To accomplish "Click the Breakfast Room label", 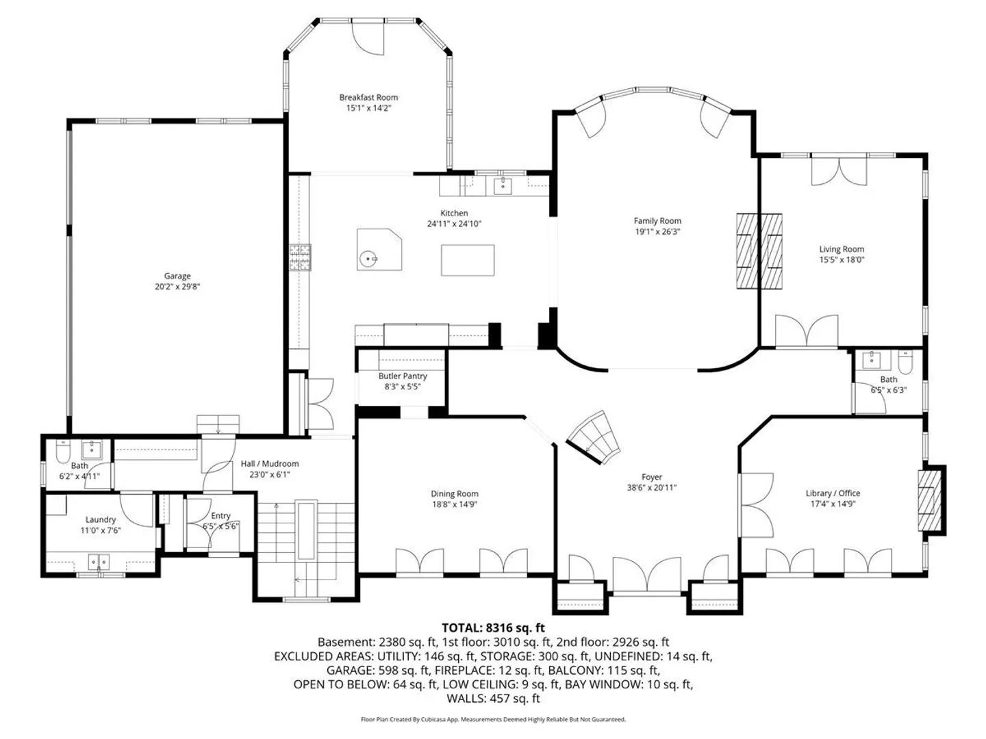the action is (x=368, y=97).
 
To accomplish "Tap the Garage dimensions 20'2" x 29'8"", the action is (x=177, y=287).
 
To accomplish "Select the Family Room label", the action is (x=657, y=221).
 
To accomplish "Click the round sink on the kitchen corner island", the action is (x=368, y=259).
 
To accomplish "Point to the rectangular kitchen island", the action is (x=468, y=260).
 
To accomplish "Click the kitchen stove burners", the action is (x=300, y=257).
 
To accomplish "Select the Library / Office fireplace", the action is (x=929, y=500).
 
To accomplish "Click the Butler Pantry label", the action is (x=403, y=376).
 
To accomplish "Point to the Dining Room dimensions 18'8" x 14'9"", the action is (x=454, y=504).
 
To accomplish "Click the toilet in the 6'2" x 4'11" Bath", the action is (x=63, y=452).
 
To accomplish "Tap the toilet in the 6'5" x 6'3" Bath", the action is (x=905, y=363).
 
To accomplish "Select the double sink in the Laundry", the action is (x=99, y=561).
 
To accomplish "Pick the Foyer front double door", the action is (x=647, y=575).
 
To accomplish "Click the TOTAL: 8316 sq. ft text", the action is (x=493, y=627).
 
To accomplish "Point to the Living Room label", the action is (x=842, y=249).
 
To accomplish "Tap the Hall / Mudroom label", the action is (x=270, y=463).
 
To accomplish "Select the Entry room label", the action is (x=220, y=515).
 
